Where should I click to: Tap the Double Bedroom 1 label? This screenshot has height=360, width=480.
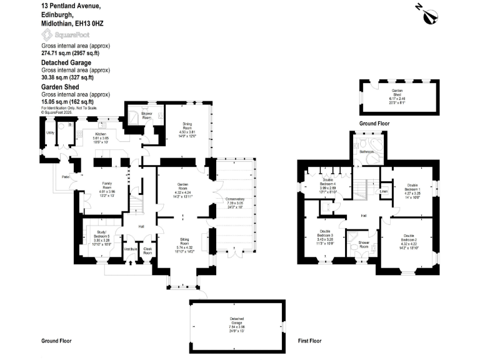(413, 186)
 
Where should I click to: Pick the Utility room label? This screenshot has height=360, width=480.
(49, 132)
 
